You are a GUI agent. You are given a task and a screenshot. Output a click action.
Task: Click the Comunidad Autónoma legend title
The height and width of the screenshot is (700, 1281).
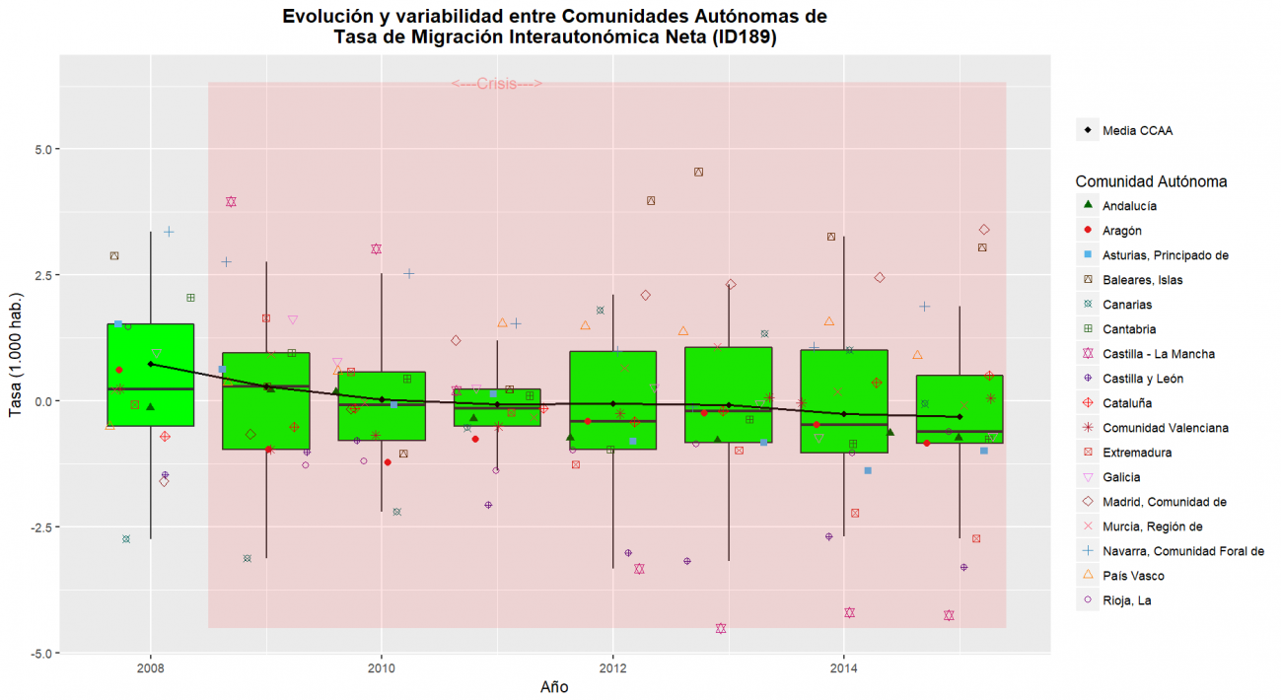(1151, 181)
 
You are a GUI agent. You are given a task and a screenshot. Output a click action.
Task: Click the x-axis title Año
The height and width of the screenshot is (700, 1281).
(553, 687)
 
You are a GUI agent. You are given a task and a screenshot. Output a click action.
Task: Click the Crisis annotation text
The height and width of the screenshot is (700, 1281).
(497, 85)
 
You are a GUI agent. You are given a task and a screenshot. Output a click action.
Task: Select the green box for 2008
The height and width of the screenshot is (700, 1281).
(150, 375)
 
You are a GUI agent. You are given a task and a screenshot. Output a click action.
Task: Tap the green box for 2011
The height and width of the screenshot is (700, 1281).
(497, 407)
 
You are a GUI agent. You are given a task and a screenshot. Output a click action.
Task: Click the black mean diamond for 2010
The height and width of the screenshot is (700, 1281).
(382, 399)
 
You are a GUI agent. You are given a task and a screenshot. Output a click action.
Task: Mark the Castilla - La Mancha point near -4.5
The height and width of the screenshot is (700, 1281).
(721, 628)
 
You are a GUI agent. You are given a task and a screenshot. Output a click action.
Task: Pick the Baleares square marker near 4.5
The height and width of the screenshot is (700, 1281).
(698, 172)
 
